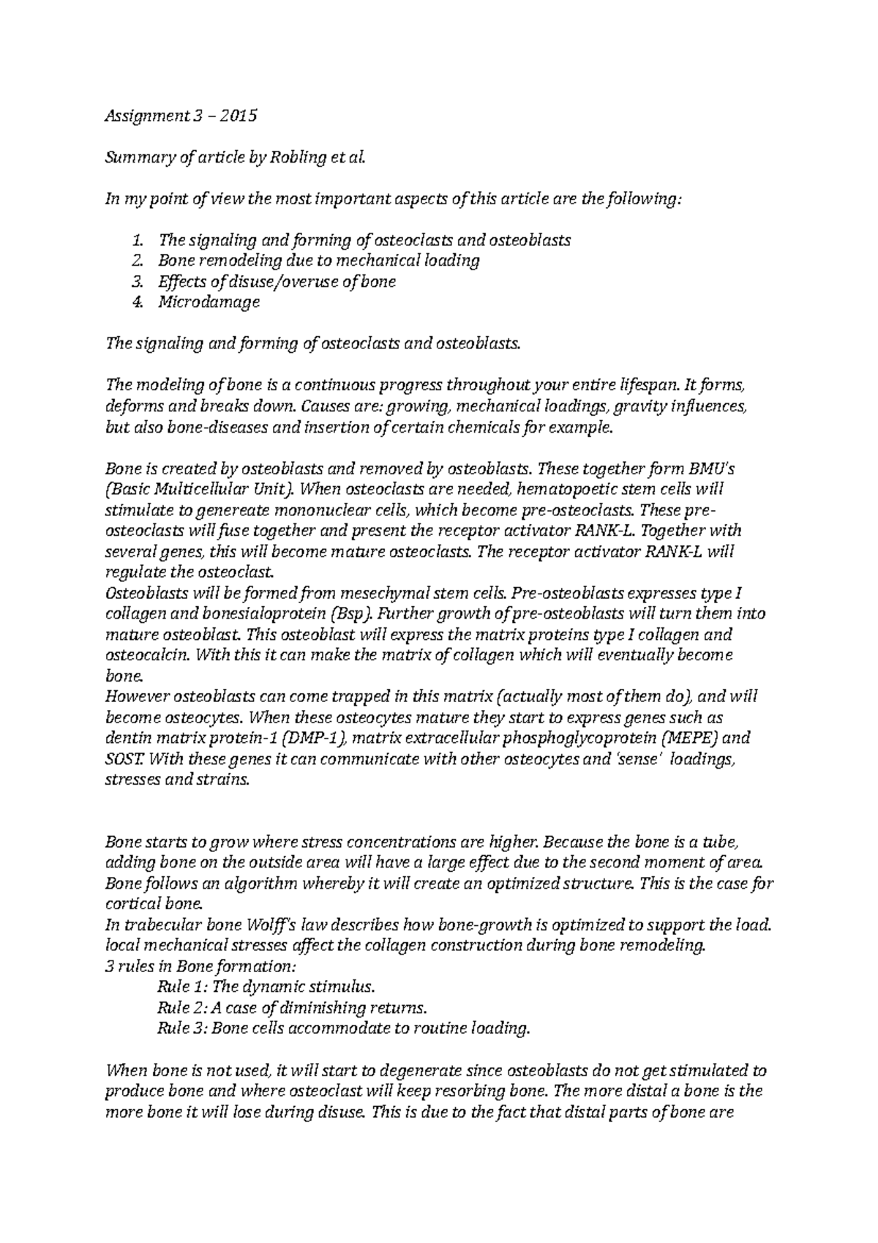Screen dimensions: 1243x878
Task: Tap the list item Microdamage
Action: [x=209, y=302]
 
